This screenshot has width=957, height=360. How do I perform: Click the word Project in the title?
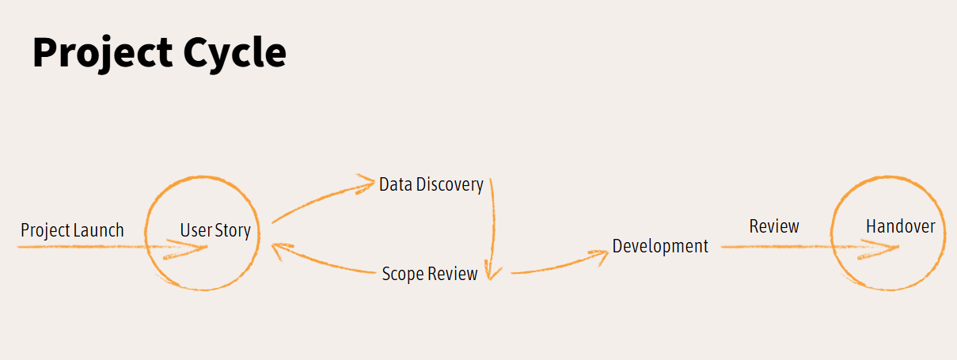pyautogui.click(x=103, y=53)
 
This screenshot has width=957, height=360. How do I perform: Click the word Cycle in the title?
pyautogui.click(x=235, y=53)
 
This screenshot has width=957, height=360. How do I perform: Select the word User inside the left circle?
pyautogui.click(x=196, y=230)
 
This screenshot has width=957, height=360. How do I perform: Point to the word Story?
pyautogui.click(x=233, y=231)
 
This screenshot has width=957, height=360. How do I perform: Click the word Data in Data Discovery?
pyautogui.click(x=396, y=184)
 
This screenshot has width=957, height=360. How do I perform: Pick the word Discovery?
pyautogui.click(x=450, y=185)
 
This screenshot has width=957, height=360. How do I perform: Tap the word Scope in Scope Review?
pyautogui.click(x=402, y=275)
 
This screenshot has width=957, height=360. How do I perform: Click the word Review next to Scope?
pyautogui.click(x=453, y=274)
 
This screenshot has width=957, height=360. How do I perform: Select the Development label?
pyautogui.click(x=660, y=246)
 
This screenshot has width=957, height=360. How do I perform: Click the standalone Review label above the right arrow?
pyautogui.click(x=774, y=226)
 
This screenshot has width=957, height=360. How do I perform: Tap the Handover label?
pyautogui.click(x=901, y=226)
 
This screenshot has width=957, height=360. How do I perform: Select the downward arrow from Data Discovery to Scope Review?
pyautogui.click(x=492, y=229)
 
